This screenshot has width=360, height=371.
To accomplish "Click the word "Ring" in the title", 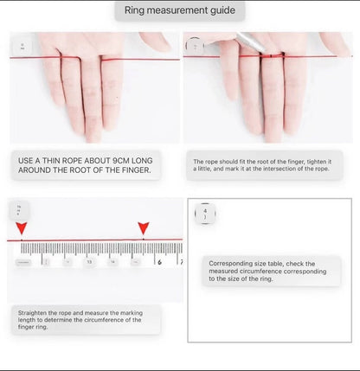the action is pyautogui.click(x=134, y=10).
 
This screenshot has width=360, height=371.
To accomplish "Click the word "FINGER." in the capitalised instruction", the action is pyautogui.click(x=136, y=170).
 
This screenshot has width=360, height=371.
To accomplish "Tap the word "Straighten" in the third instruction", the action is pyautogui.click(x=32, y=313).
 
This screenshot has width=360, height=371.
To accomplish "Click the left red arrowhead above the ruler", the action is pyautogui.click(x=22, y=228).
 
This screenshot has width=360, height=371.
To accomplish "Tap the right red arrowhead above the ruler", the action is pyautogui.click(x=144, y=228).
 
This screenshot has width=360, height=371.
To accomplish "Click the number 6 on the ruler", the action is pyautogui.click(x=159, y=262).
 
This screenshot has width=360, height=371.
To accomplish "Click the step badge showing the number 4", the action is pyautogui.click(x=205, y=214).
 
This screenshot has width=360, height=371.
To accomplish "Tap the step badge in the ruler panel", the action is pyautogui.click(x=19, y=210).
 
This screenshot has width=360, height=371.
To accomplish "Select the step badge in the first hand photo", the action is pyautogui.click(x=22, y=47).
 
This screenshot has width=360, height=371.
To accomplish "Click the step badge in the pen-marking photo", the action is pyautogui.click(x=195, y=46).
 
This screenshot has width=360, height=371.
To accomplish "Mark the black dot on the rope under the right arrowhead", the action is pyautogui.click(x=144, y=239).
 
